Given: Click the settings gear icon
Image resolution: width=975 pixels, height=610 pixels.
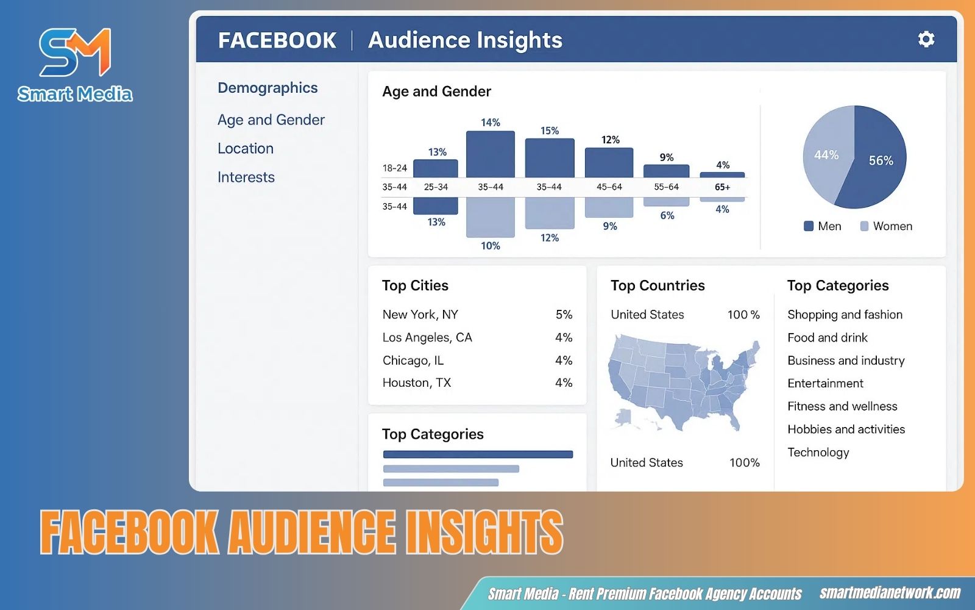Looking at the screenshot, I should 926,40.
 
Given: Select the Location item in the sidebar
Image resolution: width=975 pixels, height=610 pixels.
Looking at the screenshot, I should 246,148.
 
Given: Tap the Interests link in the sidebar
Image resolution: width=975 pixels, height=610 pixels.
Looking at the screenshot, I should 246,177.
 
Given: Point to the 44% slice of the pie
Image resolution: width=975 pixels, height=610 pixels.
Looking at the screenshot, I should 826,156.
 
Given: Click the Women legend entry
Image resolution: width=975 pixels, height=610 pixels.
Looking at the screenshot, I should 886,226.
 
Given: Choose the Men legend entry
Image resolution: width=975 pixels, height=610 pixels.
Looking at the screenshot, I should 822,226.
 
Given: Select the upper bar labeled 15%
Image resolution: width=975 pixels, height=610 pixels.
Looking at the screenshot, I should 550,158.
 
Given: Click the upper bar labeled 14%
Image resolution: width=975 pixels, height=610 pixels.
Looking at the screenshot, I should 491,154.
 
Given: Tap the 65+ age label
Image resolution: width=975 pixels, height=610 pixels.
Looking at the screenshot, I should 722,187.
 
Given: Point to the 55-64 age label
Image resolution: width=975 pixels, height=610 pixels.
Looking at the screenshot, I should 666,187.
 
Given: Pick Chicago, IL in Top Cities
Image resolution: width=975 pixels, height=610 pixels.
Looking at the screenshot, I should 413,361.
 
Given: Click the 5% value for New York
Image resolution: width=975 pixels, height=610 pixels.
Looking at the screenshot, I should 564,315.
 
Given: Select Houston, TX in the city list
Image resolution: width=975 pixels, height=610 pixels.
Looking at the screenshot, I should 417,383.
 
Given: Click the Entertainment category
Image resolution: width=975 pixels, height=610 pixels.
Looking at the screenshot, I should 825,384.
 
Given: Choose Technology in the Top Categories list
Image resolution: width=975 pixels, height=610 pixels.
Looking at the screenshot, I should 818,453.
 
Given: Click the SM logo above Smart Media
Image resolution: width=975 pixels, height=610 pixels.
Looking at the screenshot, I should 75,52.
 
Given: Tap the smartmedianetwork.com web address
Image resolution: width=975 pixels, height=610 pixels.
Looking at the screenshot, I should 890,593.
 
